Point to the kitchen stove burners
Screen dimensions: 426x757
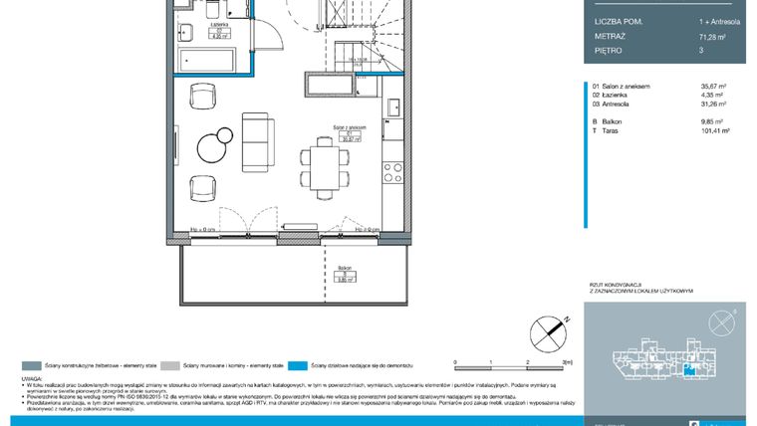click(393, 169)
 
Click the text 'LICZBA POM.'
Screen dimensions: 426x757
click(618, 20)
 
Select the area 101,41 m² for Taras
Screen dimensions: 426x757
click(715, 130)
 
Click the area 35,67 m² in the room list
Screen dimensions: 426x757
click(714, 87)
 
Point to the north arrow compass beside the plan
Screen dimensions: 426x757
click(547, 327)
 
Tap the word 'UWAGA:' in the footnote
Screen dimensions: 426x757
click(31, 379)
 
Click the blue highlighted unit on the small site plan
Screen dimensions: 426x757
click(688, 370)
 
